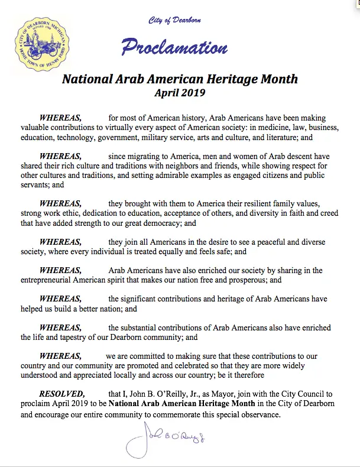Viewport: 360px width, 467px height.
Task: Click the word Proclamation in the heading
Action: click(174, 47)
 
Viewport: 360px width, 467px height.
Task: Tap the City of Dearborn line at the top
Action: click(174, 21)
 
